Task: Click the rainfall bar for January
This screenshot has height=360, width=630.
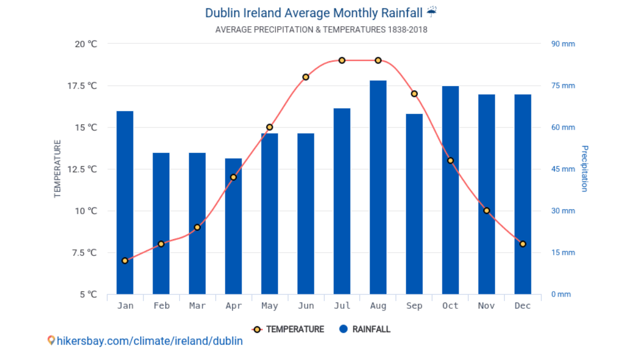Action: [125, 203]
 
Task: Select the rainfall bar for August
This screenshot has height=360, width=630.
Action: [378, 188]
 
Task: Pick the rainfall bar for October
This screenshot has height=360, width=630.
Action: [450, 190]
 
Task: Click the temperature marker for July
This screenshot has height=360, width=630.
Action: [342, 60]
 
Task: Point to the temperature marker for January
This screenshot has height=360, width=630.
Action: [125, 260]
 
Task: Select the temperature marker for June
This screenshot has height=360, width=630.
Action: [306, 77]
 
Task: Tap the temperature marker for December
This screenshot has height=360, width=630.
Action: [523, 244]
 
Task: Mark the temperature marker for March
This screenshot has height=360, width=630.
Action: [197, 227]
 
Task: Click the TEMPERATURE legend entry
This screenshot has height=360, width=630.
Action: [288, 329]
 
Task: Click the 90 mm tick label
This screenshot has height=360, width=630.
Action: [563, 44]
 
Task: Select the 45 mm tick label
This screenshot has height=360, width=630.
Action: [563, 169]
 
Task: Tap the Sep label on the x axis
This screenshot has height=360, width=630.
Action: [414, 305]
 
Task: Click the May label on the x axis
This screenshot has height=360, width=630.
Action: [269, 305]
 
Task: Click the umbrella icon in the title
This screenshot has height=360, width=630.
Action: [432, 12]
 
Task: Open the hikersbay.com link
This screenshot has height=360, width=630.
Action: [149, 341]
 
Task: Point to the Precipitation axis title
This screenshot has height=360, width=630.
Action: [584, 169]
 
